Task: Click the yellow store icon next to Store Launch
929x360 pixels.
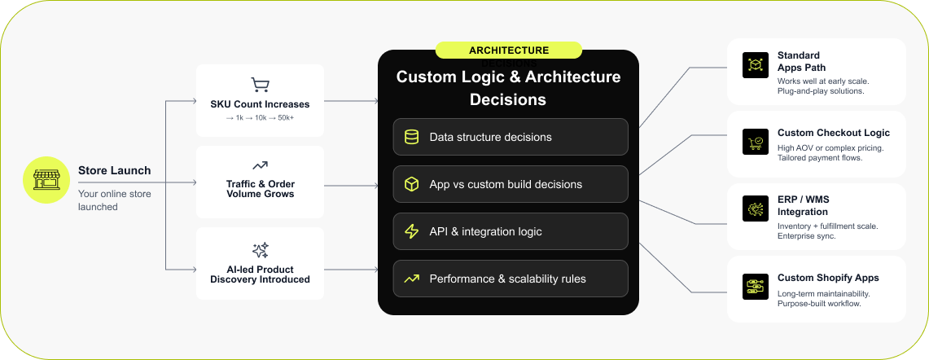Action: [x=46, y=180]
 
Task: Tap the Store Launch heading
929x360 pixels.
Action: [x=114, y=170]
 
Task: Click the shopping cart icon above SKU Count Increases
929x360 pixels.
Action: [x=260, y=85]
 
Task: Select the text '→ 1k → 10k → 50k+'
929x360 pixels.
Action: [x=260, y=118]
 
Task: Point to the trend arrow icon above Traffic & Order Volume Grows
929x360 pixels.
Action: [x=260, y=165]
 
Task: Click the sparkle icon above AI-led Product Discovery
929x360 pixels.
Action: [x=260, y=250]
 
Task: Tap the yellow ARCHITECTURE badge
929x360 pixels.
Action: [x=508, y=50]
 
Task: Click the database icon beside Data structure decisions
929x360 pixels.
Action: [x=412, y=137]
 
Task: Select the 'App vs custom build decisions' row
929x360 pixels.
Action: [x=511, y=184]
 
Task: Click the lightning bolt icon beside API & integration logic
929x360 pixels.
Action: [x=412, y=231]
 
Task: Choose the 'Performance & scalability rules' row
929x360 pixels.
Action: [x=511, y=279]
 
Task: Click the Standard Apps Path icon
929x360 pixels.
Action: [x=755, y=65]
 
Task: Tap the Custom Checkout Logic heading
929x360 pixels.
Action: [x=833, y=133]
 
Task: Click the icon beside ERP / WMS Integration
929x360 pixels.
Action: [x=755, y=209]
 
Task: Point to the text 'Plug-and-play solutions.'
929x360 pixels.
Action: [x=821, y=91]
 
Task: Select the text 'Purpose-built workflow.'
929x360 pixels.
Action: [x=819, y=304]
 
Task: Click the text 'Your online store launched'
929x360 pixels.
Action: [x=114, y=200]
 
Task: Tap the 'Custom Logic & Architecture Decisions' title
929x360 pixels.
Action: [x=508, y=88]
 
